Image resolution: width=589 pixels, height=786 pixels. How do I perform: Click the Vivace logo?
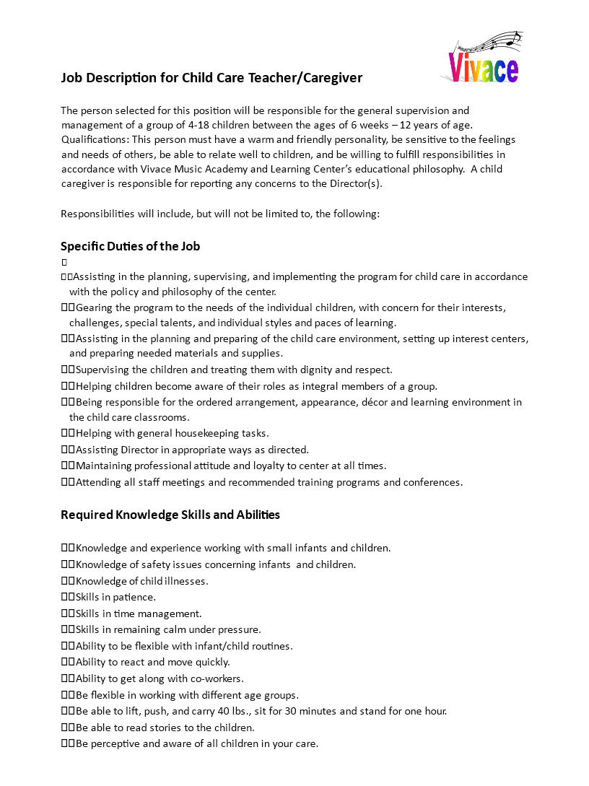483,67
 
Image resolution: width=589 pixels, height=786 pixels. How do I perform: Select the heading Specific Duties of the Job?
130,246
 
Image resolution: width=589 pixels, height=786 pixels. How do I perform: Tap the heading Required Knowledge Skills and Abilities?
170,515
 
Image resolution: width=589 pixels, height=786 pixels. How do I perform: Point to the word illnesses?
184,581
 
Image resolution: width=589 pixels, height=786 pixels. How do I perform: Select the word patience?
134,598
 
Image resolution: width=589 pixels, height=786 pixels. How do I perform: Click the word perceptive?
118,743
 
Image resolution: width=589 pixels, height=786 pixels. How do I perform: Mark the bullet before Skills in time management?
68,614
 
